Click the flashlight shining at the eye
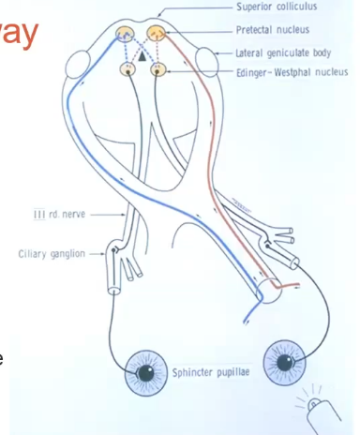322,408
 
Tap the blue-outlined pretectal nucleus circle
125,36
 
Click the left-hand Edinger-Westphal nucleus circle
128,69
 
